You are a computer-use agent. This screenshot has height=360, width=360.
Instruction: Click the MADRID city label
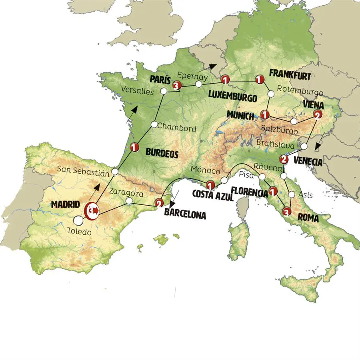coord(65,204)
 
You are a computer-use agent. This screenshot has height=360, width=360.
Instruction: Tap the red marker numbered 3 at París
coord(176,86)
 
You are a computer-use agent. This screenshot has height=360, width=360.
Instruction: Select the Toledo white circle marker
coord(78,220)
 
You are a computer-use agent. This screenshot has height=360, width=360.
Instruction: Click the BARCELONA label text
coord(185,215)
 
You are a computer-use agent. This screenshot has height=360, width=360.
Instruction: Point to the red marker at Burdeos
coord(134,148)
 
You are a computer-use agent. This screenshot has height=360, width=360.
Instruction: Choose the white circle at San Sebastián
coord(115,172)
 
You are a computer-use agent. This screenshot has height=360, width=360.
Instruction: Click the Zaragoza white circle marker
coord(129,200)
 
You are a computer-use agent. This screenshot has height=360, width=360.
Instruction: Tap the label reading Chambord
coord(176,129)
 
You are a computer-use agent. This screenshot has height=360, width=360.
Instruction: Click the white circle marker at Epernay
coord(198,84)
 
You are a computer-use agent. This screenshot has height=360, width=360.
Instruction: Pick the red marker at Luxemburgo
coord(226,80)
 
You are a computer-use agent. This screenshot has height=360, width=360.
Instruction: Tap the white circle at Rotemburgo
coord(271,94)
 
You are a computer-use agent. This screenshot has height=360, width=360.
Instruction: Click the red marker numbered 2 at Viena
coord(317,115)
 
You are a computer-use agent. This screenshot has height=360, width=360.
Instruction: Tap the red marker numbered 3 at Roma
coord(287,212)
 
